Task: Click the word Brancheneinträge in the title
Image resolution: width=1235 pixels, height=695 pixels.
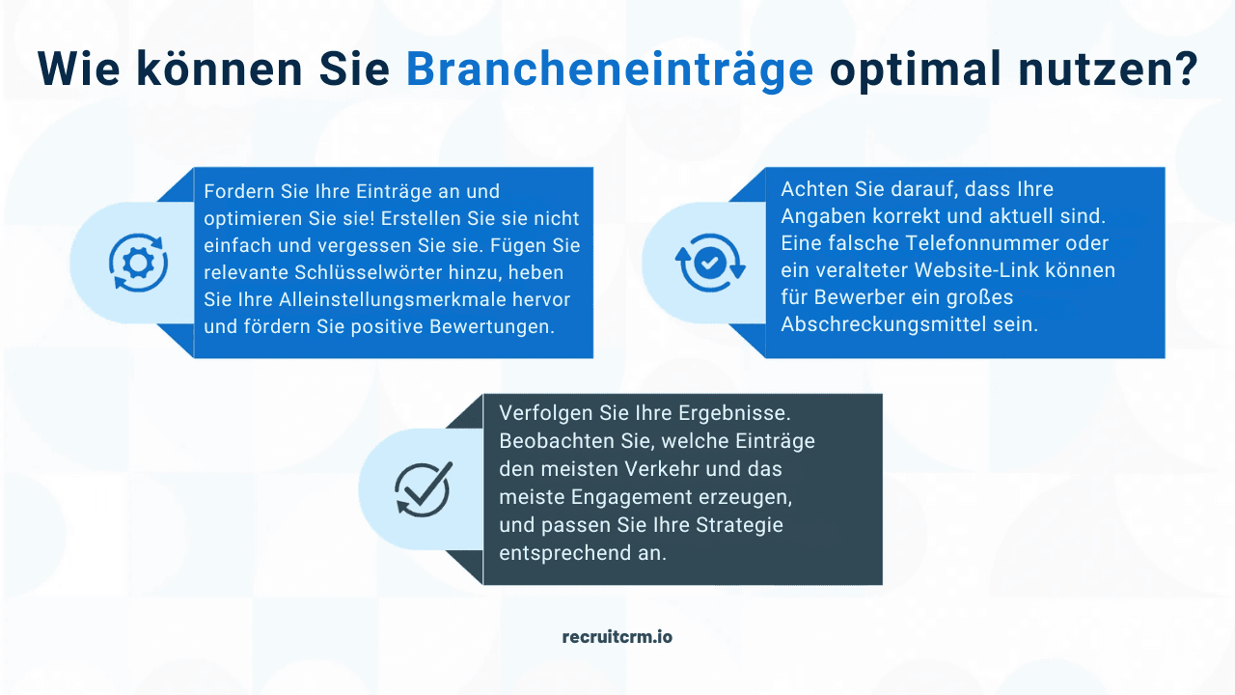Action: click(609, 69)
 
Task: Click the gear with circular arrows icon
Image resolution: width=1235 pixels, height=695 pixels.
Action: click(138, 262)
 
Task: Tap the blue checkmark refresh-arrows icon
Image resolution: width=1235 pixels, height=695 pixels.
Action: click(709, 262)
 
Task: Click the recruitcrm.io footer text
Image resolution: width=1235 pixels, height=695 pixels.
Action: click(617, 637)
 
